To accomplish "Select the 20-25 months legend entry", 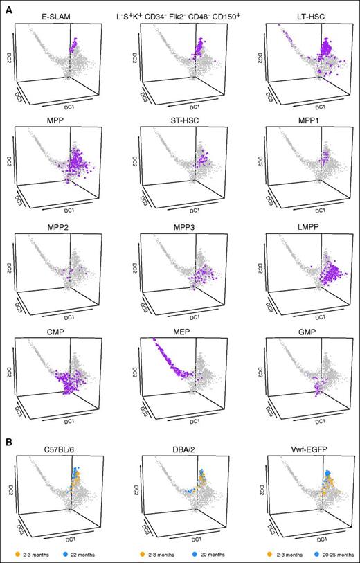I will coord(331,553).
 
